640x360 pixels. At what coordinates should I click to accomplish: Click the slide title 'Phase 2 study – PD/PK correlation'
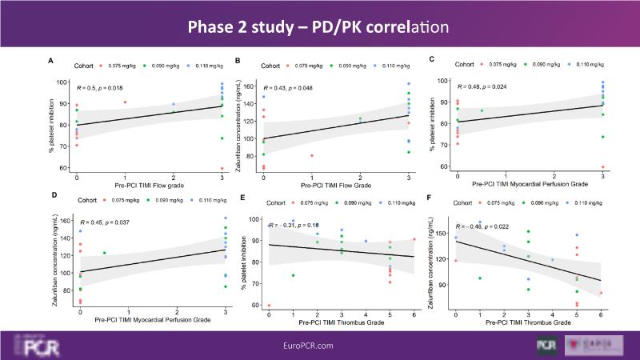click(320, 27)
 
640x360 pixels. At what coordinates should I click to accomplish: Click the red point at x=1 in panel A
click(126, 102)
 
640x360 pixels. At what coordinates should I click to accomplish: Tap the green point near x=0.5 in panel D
click(104, 253)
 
